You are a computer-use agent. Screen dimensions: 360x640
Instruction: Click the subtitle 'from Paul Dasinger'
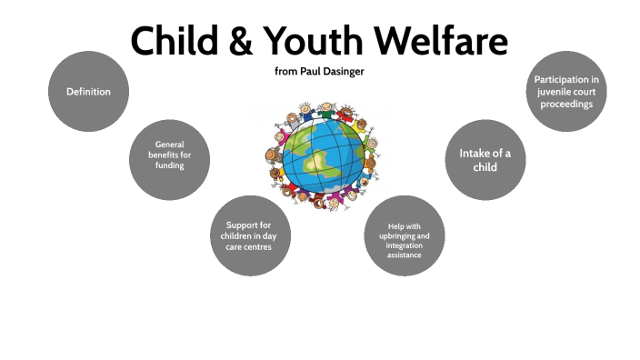(x=319, y=71)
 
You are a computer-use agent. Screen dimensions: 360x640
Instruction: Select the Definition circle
(x=88, y=92)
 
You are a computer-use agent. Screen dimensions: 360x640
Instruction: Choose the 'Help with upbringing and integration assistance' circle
(x=404, y=236)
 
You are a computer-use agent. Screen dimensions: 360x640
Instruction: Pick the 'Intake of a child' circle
(x=485, y=160)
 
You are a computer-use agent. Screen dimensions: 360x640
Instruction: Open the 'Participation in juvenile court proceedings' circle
(x=565, y=92)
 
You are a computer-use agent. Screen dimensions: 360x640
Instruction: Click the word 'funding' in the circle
(x=169, y=165)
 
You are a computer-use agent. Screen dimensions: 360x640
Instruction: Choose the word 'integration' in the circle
(x=404, y=245)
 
